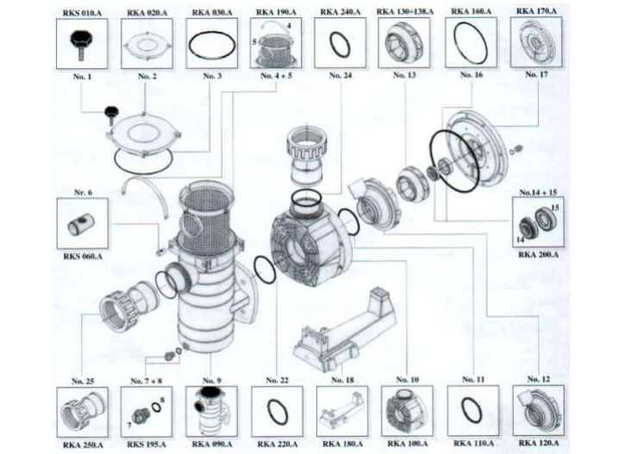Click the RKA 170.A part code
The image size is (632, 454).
536,11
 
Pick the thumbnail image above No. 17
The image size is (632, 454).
536,42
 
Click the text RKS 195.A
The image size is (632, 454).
145,445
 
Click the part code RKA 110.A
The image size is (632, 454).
470,445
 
